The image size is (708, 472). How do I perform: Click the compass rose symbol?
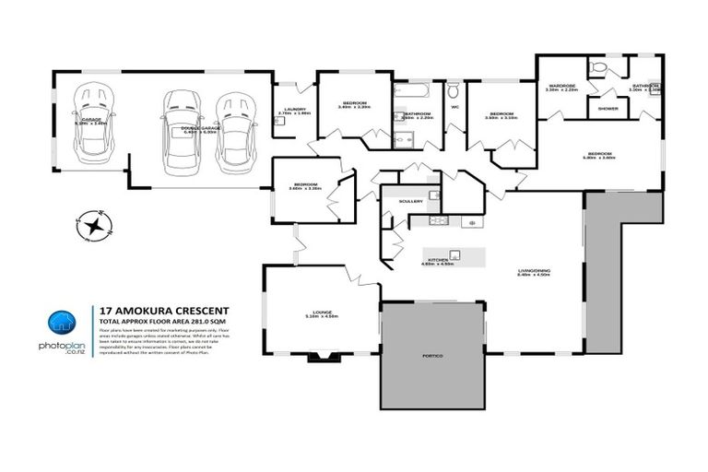click(94, 224)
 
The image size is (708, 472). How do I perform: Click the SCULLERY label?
click(410, 200)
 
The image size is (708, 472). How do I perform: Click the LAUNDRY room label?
click(295, 110)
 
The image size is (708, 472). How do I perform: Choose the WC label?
click(454, 107)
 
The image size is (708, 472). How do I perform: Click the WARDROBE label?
click(560, 86)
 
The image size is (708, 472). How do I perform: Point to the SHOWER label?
click(608, 108)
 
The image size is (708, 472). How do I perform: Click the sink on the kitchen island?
click(454, 254)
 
